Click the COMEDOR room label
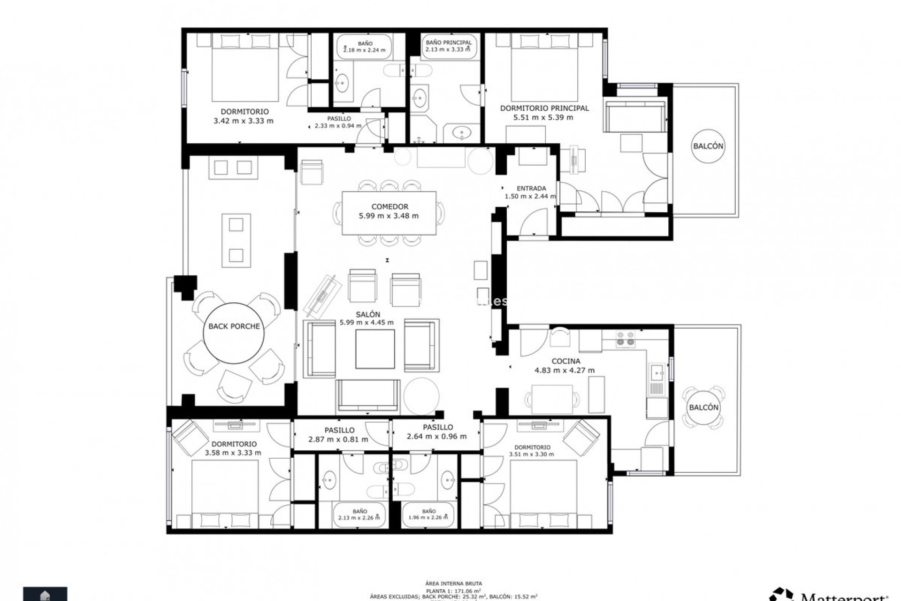point(389,207)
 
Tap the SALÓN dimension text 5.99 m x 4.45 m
point(367,323)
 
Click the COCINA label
point(565,361)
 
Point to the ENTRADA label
point(531,188)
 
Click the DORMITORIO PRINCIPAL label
point(544,108)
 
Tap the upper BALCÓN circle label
point(708,146)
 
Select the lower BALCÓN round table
point(703,407)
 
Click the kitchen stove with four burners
point(626,339)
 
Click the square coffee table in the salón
point(374,349)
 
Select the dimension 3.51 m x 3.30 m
point(531,454)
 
